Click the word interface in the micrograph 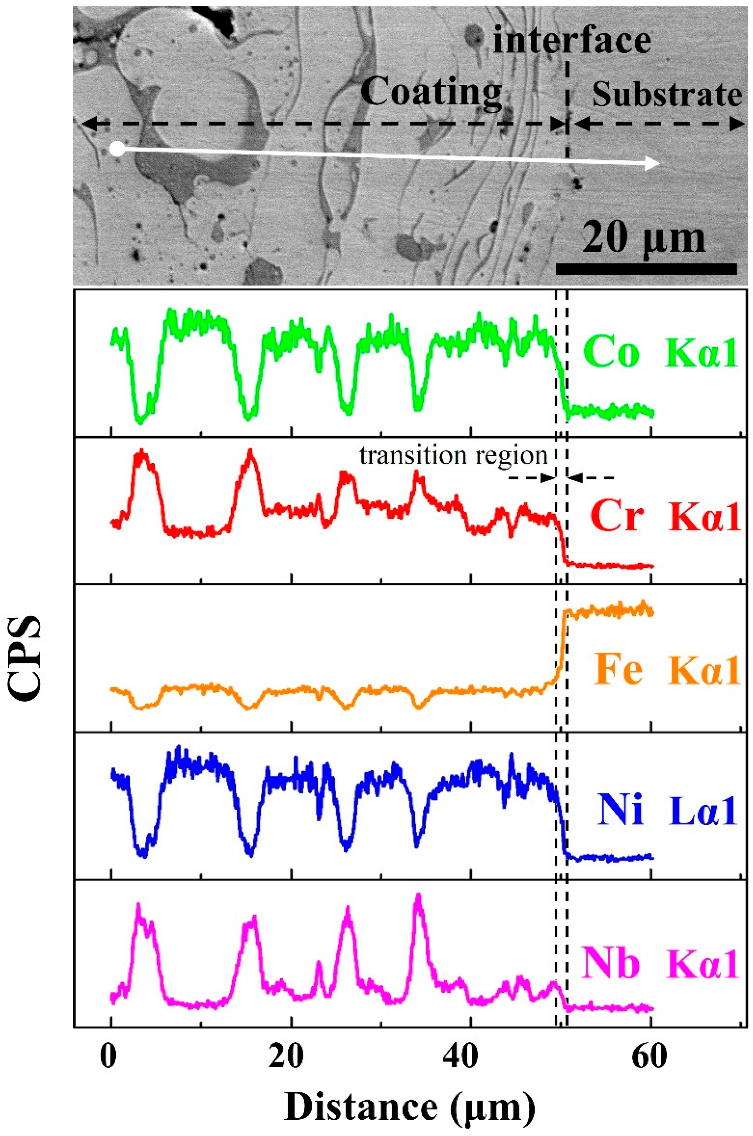point(571,41)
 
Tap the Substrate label point(666,95)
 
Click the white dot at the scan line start point(117,149)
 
